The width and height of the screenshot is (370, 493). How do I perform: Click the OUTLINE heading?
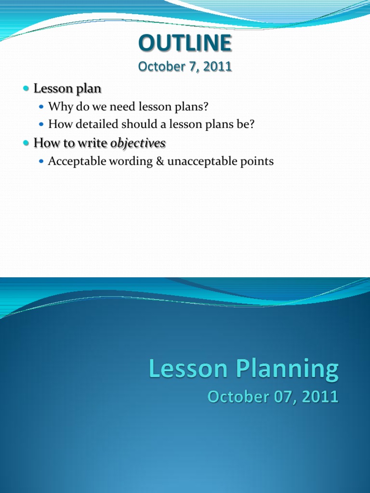(x=185, y=44)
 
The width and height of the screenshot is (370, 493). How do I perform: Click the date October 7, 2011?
(x=185, y=67)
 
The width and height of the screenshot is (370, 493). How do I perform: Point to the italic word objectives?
(x=138, y=143)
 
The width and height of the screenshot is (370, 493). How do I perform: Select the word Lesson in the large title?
(x=188, y=369)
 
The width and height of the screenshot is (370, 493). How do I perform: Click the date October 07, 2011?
(x=273, y=397)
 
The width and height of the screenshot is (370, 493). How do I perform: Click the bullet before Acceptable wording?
(x=41, y=161)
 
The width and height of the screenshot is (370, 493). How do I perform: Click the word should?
(x=138, y=124)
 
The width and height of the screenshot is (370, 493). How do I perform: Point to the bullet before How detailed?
(x=41, y=124)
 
